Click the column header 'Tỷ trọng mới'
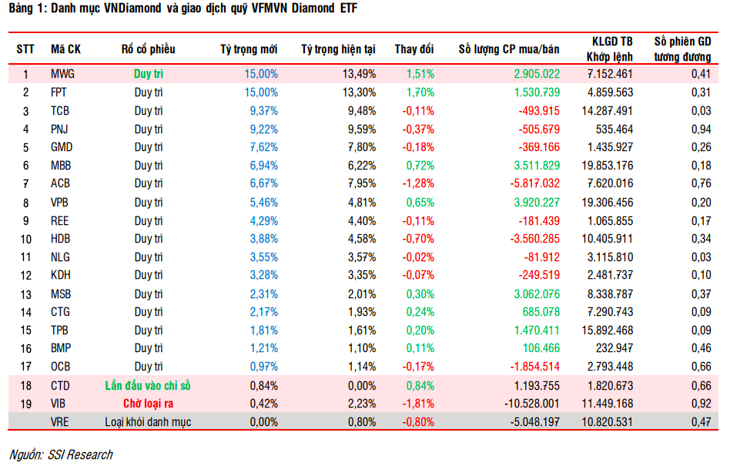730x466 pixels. (x=248, y=49)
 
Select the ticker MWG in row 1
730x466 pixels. (x=63, y=74)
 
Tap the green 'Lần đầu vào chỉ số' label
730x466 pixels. (x=148, y=386)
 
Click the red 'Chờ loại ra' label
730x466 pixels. (x=148, y=404)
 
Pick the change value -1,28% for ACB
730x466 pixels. (x=418, y=184)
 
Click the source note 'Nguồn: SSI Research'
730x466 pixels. (x=61, y=454)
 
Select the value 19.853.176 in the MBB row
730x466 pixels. (x=603, y=166)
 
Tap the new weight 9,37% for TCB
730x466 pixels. (x=263, y=110)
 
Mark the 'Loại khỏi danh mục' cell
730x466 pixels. (x=148, y=422)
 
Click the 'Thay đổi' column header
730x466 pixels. (x=414, y=49)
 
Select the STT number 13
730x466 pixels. (x=25, y=294)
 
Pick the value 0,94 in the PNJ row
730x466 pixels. (x=695, y=129)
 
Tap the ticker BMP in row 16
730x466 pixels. (x=62, y=349)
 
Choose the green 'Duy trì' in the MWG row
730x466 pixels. (x=148, y=74)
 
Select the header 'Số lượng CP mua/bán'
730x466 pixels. (x=509, y=49)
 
